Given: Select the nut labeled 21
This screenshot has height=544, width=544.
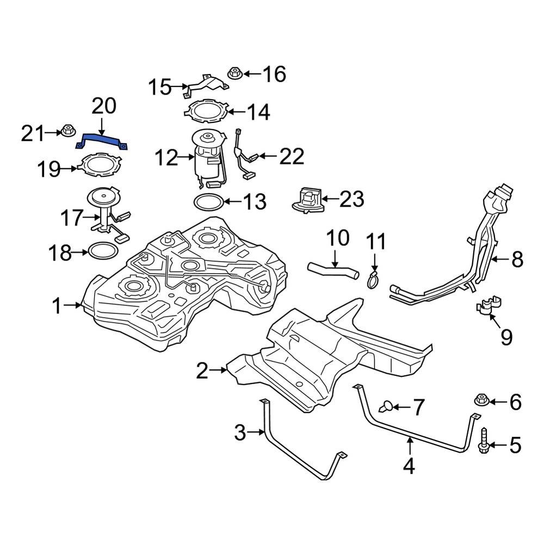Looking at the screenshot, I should (x=67, y=131).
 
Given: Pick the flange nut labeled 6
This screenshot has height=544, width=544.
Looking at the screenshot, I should (x=481, y=400).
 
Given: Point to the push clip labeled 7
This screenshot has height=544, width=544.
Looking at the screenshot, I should (x=387, y=405).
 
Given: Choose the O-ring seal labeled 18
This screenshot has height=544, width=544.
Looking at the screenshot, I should (x=102, y=251).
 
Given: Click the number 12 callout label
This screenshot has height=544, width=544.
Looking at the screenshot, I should (x=165, y=159).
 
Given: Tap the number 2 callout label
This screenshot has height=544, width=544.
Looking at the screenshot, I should (x=202, y=372).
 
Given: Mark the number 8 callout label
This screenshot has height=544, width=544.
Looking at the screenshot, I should (x=517, y=260).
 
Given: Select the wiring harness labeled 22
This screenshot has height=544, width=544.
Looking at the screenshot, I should (x=243, y=155).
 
